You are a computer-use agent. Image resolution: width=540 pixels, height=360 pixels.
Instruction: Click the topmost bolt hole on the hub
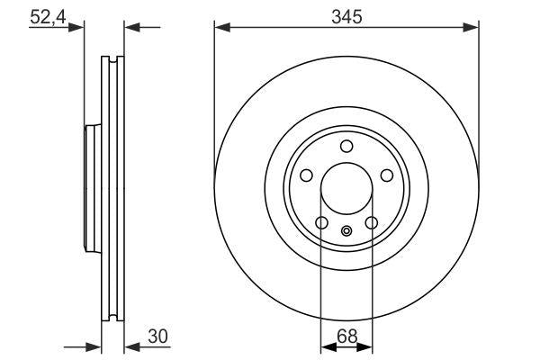(346, 148)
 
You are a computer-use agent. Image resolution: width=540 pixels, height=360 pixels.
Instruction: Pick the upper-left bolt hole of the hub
(305, 176)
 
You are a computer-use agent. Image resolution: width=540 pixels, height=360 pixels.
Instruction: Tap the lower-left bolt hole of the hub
(321, 224)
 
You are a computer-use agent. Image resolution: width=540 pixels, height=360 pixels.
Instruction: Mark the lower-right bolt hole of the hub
(372, 224)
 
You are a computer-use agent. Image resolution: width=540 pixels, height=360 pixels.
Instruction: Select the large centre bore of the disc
(346, 190)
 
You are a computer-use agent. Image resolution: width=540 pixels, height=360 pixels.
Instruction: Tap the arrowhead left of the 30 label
(130, 346)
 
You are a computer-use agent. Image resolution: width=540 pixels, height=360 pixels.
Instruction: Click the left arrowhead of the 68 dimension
(328, 346)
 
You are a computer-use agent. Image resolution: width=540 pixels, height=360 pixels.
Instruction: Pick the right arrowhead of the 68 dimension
(365, 346)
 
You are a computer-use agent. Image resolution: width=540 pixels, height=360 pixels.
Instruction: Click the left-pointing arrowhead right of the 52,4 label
(130, 28)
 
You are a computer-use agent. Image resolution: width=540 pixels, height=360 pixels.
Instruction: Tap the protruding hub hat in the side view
(91, 190)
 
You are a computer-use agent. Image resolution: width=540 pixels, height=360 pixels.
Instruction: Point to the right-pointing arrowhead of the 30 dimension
(92, 346)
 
